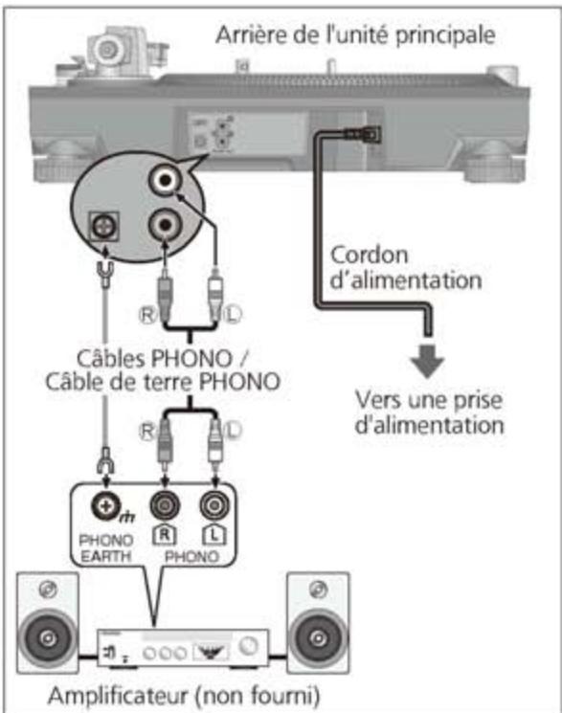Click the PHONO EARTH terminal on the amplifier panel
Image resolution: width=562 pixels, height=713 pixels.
[101, 505]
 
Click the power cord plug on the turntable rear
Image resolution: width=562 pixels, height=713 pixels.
[365, 136]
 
